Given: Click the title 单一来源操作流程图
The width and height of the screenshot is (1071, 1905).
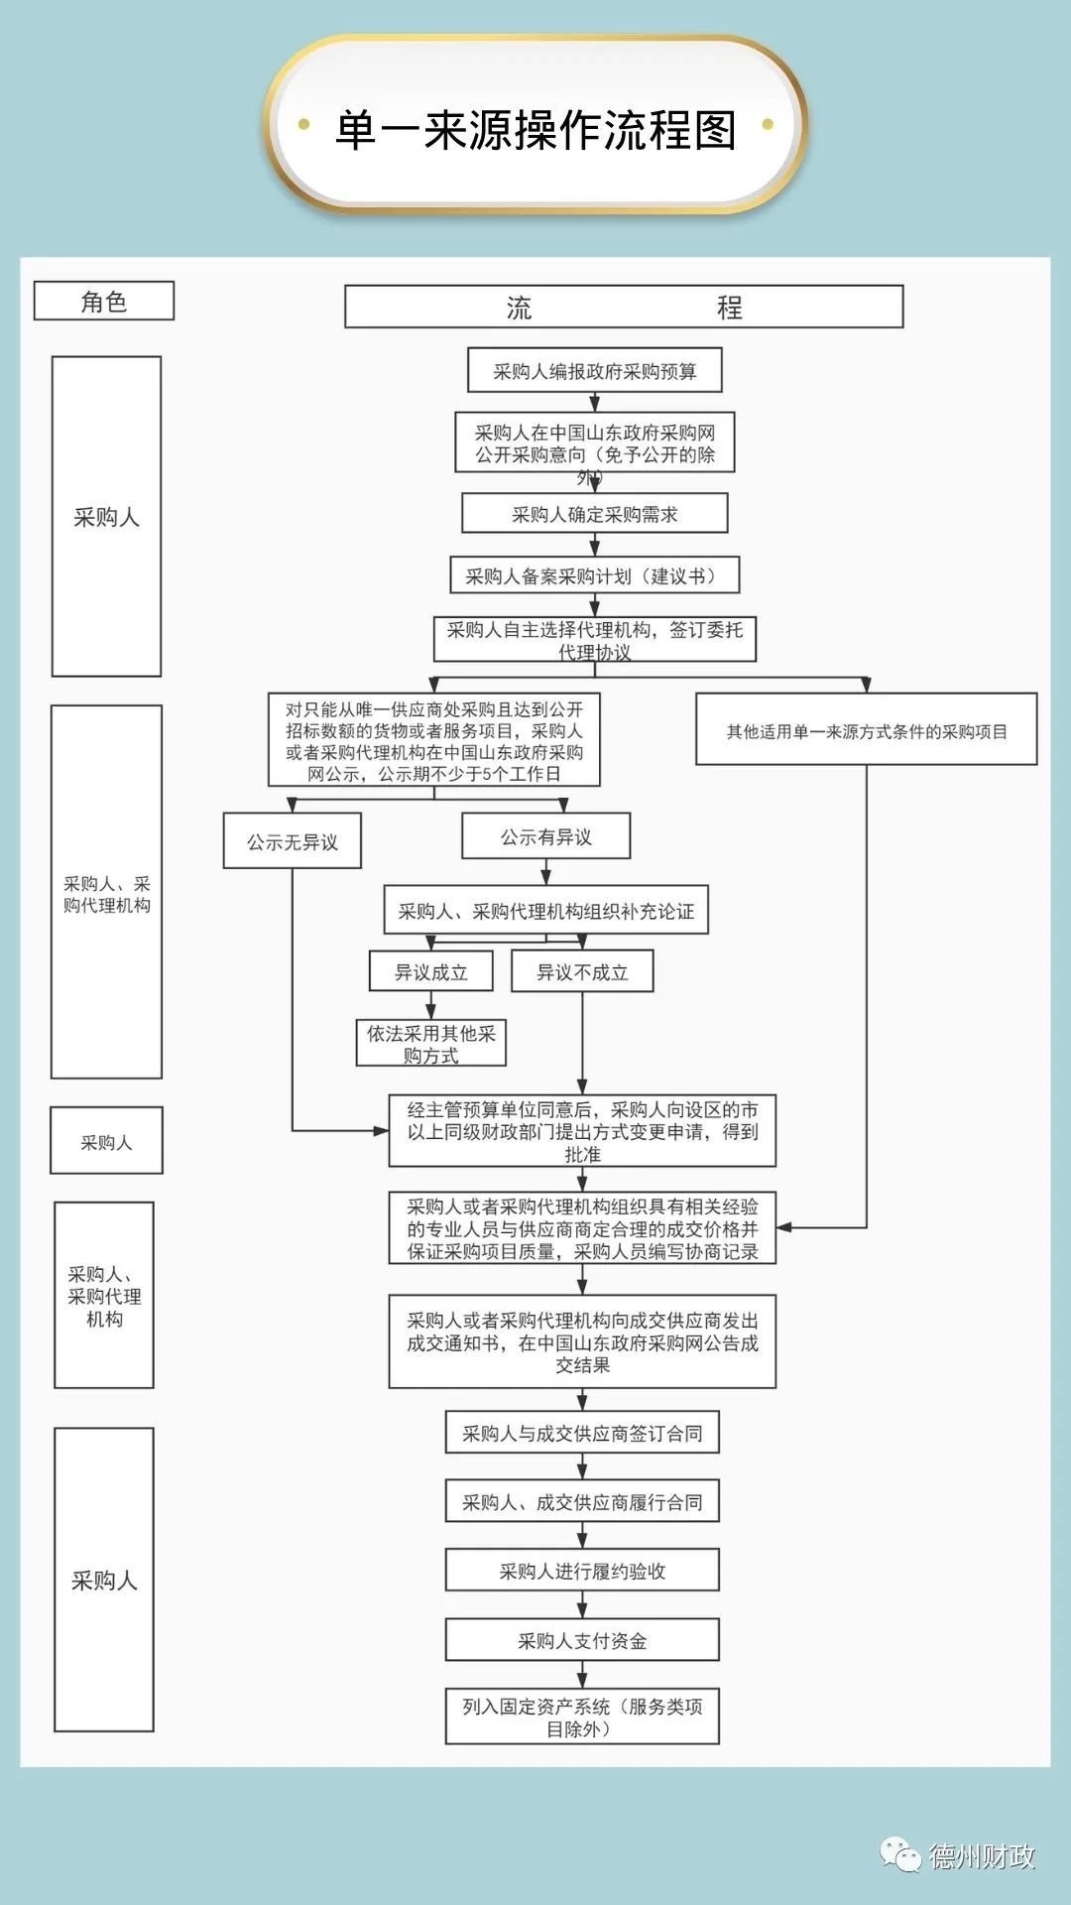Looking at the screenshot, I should (x=535, y=130).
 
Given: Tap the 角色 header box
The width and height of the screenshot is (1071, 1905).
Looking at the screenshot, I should (x=104, y=301).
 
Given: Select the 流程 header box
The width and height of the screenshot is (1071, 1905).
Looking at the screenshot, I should (x=624, y=307).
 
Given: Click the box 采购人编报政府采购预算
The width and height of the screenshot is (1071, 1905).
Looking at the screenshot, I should (x=595, y=371).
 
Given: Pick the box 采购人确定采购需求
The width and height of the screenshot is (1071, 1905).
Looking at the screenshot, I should (x=595, y=514).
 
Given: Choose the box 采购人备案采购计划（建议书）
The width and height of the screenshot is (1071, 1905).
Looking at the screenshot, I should (x=595, y=575).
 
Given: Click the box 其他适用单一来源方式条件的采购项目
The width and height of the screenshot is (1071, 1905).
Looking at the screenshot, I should (x=866, y=730).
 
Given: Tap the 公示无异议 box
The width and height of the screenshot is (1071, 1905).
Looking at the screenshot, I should (x=293, y=841).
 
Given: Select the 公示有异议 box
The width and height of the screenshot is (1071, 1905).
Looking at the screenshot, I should (x=545, y=836).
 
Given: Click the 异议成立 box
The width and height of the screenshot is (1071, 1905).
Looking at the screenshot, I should (x=430, y=971).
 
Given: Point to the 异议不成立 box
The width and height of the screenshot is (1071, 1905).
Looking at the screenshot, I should (x=582, y=971).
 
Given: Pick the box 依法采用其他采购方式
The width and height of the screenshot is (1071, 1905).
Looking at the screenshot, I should (x=430, y=1044).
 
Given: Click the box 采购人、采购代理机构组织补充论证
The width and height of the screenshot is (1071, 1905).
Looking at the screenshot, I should (x=545, y=911).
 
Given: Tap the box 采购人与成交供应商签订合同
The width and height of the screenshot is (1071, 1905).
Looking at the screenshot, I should (x=582, y=1433).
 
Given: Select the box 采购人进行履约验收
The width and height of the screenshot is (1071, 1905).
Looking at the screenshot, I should (x=582, y=1571).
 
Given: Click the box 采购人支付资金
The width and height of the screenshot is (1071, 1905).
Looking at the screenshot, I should (x=582, y=1640).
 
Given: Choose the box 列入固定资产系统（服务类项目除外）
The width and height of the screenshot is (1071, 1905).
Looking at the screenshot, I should (x=582, y=1716).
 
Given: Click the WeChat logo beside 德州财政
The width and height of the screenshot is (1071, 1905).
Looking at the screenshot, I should (x=901, y=1853).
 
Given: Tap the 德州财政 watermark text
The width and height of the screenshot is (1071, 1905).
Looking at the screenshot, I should (x=982, y=1855).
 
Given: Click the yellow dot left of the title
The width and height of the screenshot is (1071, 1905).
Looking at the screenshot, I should (x=304, y=125).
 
